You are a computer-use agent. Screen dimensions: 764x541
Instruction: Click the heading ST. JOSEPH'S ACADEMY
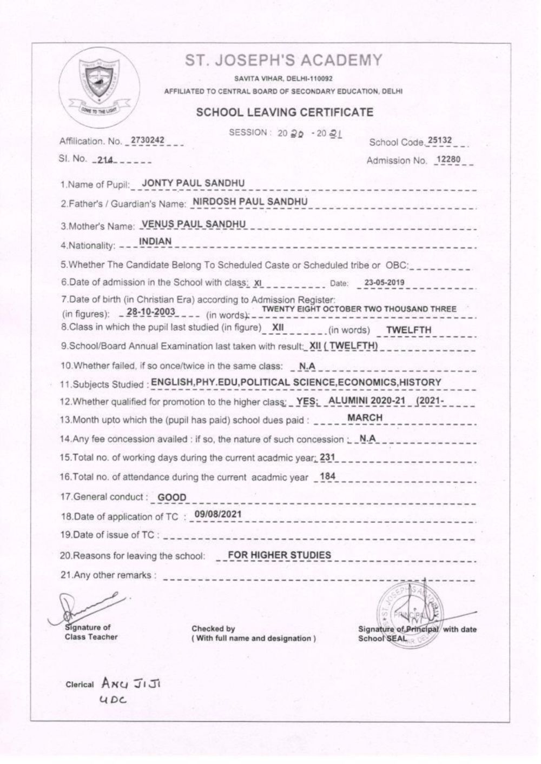pos(283,60)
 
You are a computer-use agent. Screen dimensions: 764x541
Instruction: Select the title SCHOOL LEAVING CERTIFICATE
pos(285,112)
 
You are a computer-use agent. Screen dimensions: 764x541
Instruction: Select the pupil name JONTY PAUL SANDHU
pos(193,183)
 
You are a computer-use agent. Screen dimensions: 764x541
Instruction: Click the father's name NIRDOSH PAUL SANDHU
pos(250,202)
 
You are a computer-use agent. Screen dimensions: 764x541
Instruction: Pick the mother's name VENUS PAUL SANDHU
pos(193,224)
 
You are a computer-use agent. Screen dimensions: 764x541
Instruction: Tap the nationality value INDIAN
pos(155,241)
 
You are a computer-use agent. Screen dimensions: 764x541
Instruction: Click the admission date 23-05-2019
pos(384,282)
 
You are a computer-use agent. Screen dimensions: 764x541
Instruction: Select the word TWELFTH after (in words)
pos(408,329)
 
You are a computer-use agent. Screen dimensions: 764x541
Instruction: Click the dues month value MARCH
pos(365,417)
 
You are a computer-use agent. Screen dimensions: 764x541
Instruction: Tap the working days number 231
pos(328,457)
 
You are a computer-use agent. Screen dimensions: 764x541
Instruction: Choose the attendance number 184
pos(328,476)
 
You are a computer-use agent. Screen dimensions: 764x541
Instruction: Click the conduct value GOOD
pos(171,497)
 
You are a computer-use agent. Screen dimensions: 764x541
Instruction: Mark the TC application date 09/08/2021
pos(217,514)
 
